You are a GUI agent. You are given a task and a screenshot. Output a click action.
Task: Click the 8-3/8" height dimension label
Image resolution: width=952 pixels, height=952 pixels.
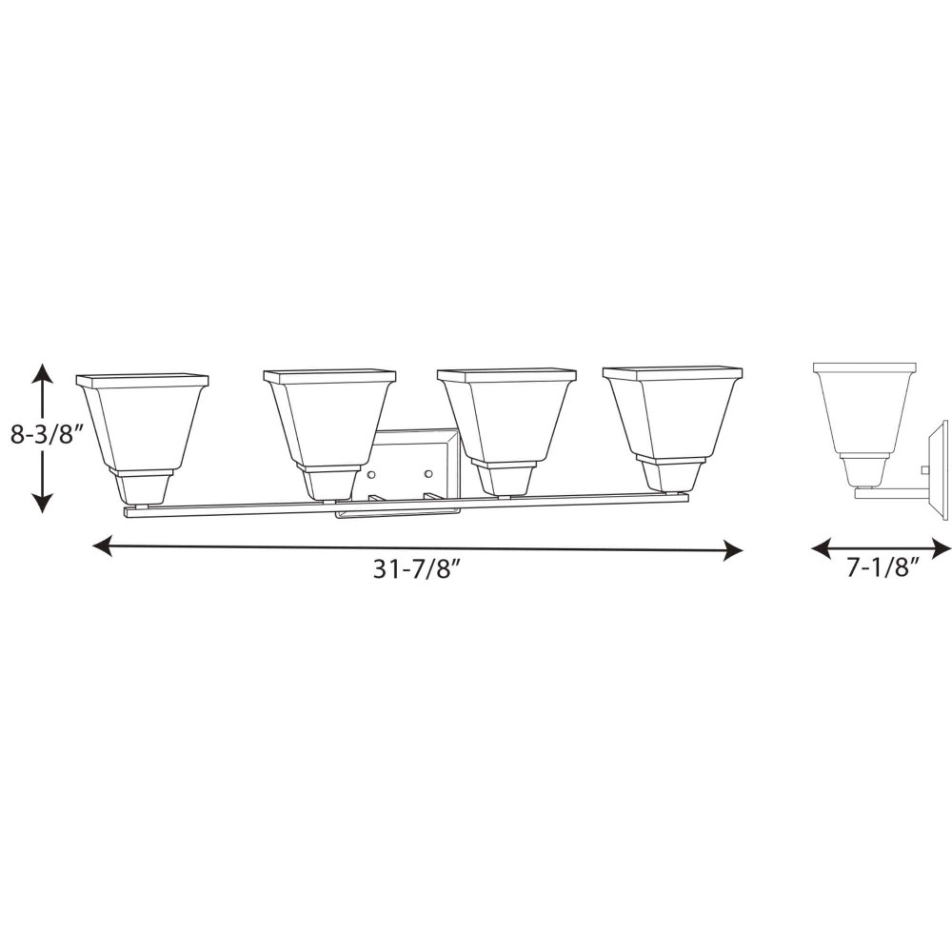pyautogui.click(x=46, y=435)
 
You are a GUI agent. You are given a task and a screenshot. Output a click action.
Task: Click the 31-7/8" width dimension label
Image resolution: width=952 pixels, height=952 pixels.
pyautogui.click(x=418, y=569)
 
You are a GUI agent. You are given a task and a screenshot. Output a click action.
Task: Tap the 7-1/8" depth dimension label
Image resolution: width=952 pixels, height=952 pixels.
pyautogui.click(x=882, y=569)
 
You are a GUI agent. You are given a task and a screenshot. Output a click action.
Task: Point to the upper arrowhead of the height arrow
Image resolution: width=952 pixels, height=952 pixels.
pyautogui.click(x=41, y=373)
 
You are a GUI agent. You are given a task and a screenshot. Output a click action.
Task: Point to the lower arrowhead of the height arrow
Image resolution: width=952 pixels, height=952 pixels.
pyautogui.click(x=41, y=503)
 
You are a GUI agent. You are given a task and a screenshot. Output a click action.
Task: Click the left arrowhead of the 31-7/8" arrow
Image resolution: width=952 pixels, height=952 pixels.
pyautogui.click(x=102, y=545)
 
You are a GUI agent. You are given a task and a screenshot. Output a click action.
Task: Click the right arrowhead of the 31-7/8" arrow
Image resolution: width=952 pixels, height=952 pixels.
pyautogui.click(x=733, y=551)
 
